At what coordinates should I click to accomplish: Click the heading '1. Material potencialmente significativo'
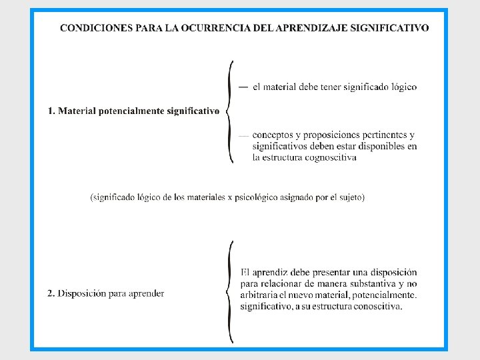(133, 111)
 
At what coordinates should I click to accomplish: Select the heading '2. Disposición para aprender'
(106, 293)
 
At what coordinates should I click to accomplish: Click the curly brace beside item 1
(230, 111)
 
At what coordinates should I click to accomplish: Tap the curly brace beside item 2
(230, 292)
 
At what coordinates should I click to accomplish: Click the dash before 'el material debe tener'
(242, 87)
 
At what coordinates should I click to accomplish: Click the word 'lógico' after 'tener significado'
(402, 87)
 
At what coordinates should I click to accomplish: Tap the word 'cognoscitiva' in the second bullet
(329, 158)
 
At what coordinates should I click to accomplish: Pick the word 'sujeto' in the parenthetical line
(348, 197)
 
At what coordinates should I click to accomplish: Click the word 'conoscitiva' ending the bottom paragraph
(376, 307)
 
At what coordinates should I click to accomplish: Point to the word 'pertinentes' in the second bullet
(376, 135)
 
